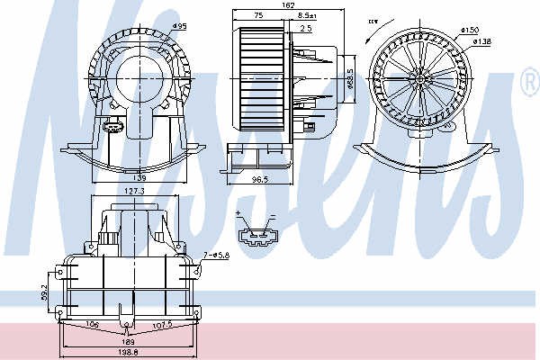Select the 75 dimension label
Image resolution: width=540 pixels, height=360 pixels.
tap(258, 15)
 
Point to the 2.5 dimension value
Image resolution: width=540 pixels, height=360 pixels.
tap(307, 29)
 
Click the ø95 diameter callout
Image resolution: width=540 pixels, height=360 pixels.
tap(179, 25)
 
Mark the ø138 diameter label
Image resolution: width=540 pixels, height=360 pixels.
tap(483, 41)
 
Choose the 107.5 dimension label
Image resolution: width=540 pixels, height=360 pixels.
tap(162, 326)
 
